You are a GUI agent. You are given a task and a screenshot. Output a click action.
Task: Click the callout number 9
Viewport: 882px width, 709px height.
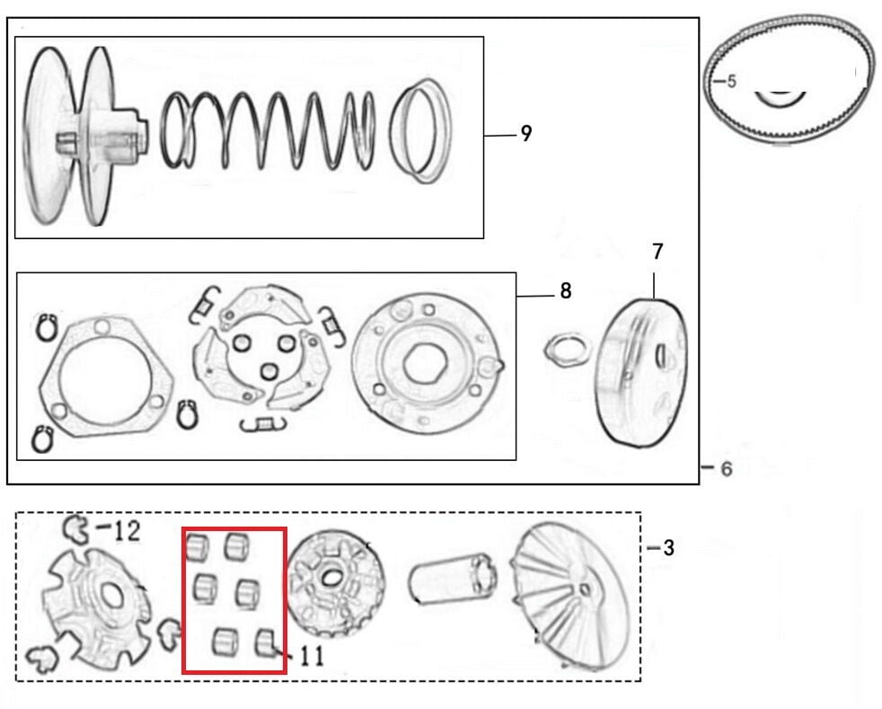click(525, 133)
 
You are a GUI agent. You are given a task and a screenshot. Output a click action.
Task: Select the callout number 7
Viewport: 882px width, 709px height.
click(657, 252)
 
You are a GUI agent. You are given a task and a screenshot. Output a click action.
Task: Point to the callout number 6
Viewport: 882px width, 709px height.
click(727, 468)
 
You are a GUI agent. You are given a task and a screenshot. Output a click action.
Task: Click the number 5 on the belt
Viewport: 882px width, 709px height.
click(731, 81)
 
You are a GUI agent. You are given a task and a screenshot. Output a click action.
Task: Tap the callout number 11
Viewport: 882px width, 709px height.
click(311, 657)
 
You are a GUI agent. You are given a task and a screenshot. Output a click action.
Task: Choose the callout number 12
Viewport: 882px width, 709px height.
click(127, 531)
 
